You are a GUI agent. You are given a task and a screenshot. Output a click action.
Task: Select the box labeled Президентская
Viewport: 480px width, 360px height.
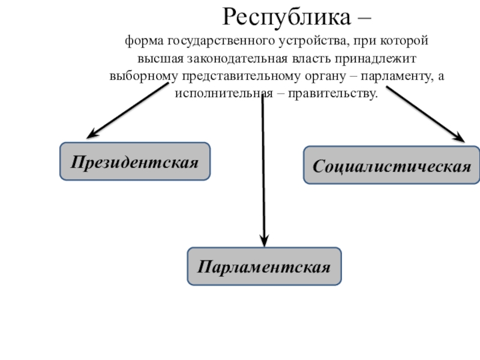(135, 161)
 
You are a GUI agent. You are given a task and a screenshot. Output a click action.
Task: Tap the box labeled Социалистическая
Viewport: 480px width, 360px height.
(392, 165)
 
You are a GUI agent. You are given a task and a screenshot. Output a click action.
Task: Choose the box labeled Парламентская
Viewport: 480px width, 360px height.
(265, 266)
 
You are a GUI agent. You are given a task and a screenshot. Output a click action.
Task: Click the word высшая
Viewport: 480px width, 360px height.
(158, 59)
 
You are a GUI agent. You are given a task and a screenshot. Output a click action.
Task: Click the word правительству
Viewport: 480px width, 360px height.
(334, 94)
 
